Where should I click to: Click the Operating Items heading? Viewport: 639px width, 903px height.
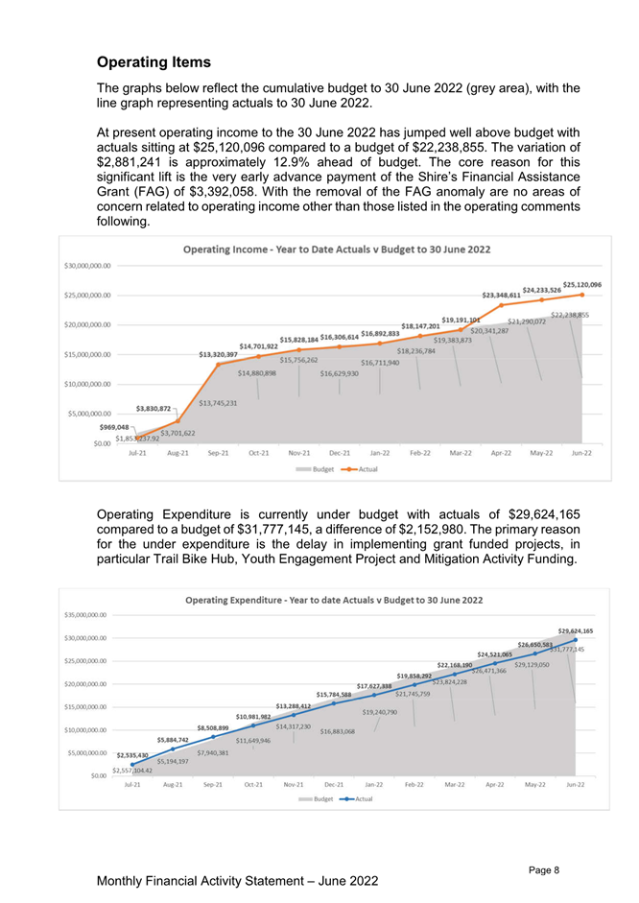pyautogui.click(x=154, y=62)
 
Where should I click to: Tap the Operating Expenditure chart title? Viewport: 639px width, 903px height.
pyautogui.click(x=333, y=600)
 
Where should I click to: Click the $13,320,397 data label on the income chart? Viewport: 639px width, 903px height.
pyautogui.click(x=218, y=354)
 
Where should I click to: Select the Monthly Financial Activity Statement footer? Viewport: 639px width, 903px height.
pyautogui.click(x=238, y=879)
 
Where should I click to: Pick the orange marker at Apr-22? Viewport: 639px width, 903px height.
pyautogui.click(x=501, y=304)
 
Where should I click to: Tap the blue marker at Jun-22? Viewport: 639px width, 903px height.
pyautogui.click(x=576, y=639)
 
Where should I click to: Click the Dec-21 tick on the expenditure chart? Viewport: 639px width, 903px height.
pyautogui.click(x=334, y=784)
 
